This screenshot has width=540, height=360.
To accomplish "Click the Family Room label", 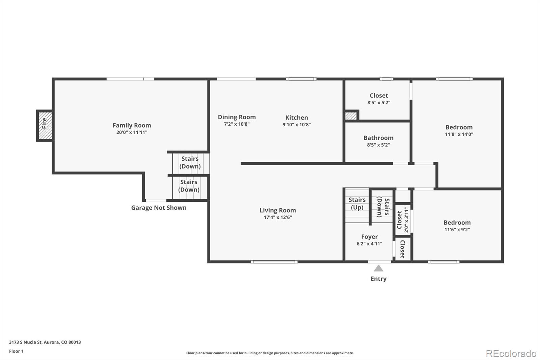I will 132,125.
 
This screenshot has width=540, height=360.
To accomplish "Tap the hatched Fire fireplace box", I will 45,125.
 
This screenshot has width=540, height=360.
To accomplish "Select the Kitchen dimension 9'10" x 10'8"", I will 296,125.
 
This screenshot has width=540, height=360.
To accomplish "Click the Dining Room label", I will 237,117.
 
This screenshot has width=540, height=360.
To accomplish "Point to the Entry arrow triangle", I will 378,268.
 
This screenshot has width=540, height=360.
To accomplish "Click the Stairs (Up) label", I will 357,203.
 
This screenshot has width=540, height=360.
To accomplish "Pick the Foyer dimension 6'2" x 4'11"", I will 369,244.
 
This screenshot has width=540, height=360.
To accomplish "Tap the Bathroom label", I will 378,138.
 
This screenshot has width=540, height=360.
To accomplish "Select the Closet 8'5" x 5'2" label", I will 379,96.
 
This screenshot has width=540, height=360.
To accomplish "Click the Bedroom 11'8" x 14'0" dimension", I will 459,134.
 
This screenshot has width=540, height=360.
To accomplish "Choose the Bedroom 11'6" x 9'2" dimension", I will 457,230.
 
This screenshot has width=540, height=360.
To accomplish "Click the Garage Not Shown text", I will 159,208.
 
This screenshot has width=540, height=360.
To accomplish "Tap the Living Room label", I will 277,210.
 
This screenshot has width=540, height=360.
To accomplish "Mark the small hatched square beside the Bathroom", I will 351,116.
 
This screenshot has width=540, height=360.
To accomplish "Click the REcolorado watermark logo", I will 511,353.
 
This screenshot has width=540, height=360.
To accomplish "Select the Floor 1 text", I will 16,351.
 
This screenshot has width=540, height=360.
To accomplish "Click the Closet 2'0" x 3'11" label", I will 400,220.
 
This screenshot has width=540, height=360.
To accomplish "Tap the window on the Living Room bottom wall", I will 274,262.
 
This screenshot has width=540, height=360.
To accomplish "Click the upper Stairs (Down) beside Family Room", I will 190,162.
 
